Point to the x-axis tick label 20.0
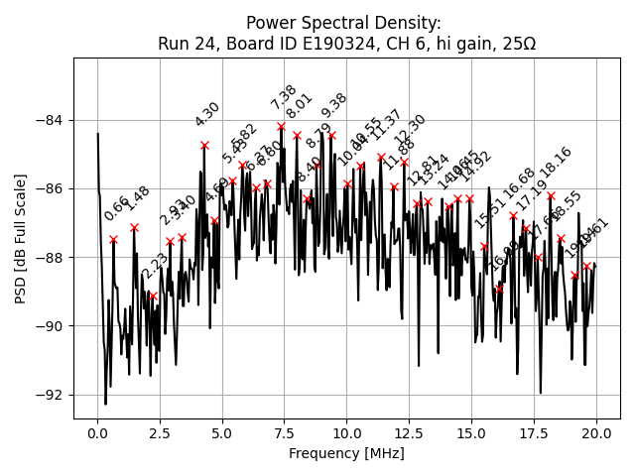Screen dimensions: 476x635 [596, 433]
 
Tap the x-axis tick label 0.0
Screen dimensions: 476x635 [97, 433]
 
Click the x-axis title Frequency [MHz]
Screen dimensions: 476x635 [346, 453]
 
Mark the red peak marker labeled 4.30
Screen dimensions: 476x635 [204, 145]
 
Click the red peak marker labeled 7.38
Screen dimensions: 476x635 [282, 126]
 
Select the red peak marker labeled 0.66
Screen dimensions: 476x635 [114, 239]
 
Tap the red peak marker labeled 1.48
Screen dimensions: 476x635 [134, 227]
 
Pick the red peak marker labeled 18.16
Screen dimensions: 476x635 [551, 196]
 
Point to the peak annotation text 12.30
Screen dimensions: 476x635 [410, 129]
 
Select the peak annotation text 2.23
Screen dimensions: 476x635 [155, 266]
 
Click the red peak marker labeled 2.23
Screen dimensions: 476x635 [153, 296]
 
